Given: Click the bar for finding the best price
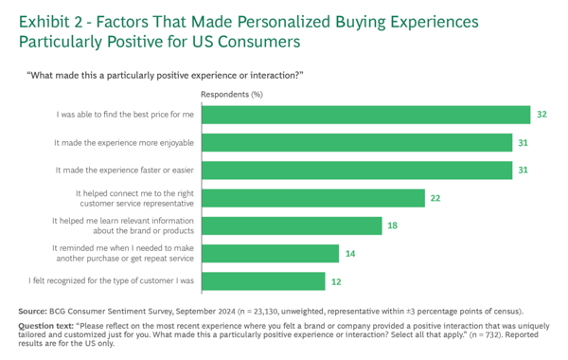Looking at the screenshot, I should [365, 115].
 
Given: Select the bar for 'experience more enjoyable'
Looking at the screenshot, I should [362, 142].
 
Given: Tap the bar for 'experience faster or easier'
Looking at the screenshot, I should [362, 170].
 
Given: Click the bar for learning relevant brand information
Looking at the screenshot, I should [291, 225].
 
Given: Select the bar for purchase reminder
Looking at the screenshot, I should [270, 253].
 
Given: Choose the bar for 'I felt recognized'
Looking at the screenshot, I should [262, 280].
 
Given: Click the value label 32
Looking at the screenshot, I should [541, 115].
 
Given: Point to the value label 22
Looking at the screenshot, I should [436, 198].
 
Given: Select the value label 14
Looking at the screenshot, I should [351, 253].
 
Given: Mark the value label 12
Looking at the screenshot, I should [337, 281].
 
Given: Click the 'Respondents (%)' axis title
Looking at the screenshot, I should [231, 95].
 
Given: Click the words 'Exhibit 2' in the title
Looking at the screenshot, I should [47, 21].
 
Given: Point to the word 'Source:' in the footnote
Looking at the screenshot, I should [33, 311].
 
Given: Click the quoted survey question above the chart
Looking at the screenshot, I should [165, 75].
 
